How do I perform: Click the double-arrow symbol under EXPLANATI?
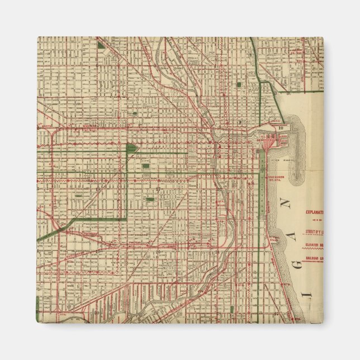[x=314, y=221]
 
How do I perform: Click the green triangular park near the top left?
[x=101, y=43]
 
